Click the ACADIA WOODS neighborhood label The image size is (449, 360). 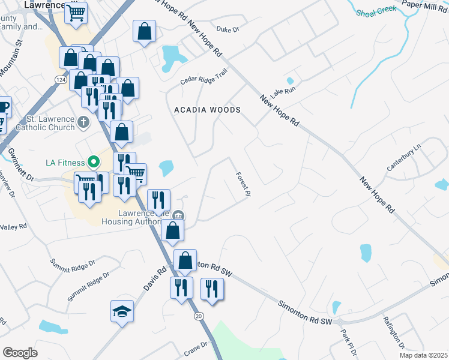click(207, 110)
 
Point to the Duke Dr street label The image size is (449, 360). click(228, 29)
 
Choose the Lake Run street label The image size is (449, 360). click(283, 92)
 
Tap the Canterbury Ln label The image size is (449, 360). click(405, 158)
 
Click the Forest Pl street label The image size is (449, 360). click(243, 184)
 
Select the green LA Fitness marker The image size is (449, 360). click(93, 162)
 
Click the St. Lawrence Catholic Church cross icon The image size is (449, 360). click(83, 122)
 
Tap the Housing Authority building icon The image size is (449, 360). click(178, 216)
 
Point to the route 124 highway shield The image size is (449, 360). click(59, 79)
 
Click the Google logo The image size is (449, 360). click(20, 352)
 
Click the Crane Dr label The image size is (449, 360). click(196, 347)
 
